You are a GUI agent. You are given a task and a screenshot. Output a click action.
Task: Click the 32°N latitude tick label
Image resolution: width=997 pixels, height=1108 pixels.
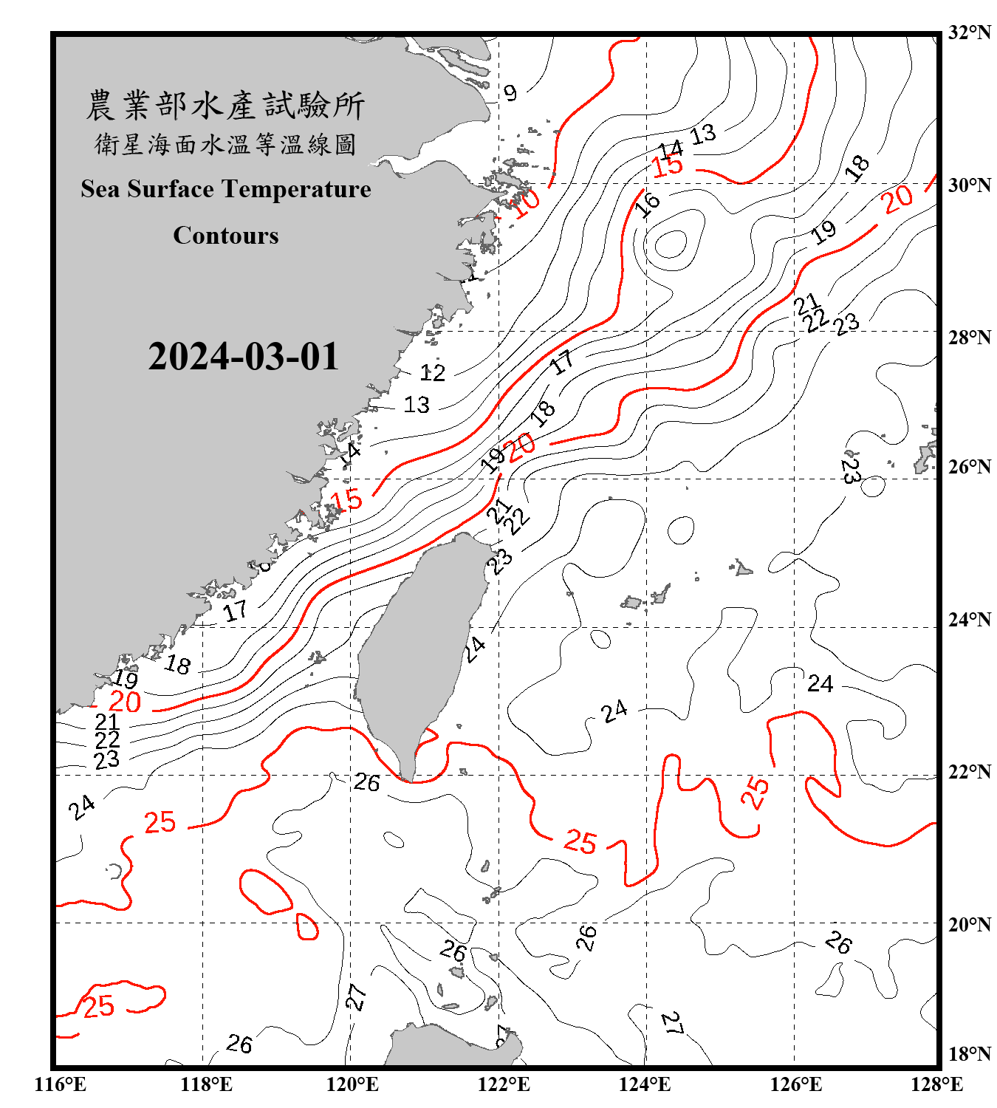pos(969,33)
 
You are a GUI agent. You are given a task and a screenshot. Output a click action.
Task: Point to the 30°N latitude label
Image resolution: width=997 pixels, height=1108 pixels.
pos(969,185)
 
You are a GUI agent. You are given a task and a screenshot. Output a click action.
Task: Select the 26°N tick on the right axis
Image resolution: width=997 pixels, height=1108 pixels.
pos(969,467)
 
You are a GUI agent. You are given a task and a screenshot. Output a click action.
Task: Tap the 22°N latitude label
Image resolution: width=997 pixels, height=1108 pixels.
pos(969,772)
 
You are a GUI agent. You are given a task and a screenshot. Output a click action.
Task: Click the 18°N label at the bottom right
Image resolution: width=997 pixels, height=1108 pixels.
pos(969,1054)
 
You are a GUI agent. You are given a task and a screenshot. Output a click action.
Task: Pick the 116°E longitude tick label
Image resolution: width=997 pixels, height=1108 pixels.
pos(61,1084)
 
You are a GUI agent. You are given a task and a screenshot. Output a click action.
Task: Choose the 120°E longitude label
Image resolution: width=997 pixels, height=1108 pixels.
pos(352,1084)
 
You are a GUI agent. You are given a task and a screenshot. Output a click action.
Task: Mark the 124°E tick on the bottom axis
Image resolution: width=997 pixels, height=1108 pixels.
pos(645,1084)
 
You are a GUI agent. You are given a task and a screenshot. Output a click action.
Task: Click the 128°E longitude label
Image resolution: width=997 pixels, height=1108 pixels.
pos(936,1084)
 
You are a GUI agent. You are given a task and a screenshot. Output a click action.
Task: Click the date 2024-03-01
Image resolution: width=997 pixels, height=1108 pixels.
pos(243,357)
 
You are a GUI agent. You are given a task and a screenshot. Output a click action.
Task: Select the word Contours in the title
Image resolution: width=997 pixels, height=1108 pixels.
pos(226,236)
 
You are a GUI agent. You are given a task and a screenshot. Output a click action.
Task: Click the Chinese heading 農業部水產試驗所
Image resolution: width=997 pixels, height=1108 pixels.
pos(225,106)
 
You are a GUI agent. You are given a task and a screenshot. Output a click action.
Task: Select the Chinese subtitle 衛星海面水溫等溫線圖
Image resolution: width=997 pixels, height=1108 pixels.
pos(225,144)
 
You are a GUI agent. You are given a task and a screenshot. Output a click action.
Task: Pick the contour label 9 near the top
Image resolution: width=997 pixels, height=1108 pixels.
pos(510,92)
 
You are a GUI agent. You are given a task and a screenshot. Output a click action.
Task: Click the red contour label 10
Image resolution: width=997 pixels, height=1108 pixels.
pos(527,202)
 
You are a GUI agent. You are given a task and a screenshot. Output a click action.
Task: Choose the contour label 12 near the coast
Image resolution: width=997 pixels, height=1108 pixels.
pos(433,372)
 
